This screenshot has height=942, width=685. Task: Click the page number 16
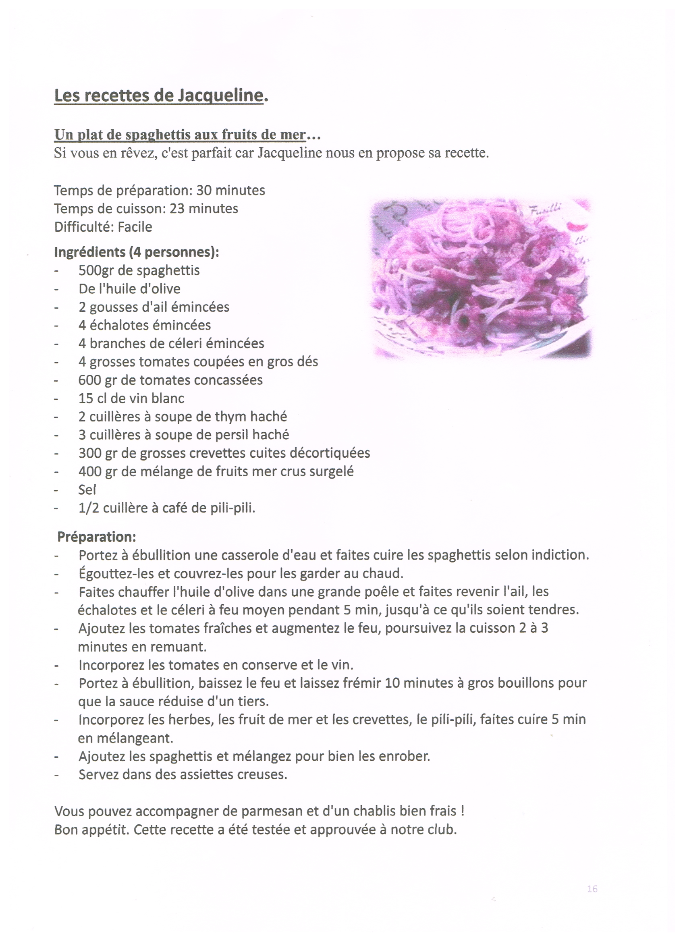(x=592, y=889)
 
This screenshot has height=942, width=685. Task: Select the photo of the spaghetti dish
(x=481, y=278)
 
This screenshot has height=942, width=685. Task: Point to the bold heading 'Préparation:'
(x=96, y=537)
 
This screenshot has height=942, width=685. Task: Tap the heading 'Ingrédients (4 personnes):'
(x=136, y=252)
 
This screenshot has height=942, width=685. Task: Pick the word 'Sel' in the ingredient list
(x=87, y=490)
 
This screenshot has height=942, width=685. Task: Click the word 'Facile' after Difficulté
(x=135, y=227)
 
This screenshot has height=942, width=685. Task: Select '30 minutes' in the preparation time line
(x=230, y=190)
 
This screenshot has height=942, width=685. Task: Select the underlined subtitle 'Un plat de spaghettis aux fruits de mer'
(x=180, y=135)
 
